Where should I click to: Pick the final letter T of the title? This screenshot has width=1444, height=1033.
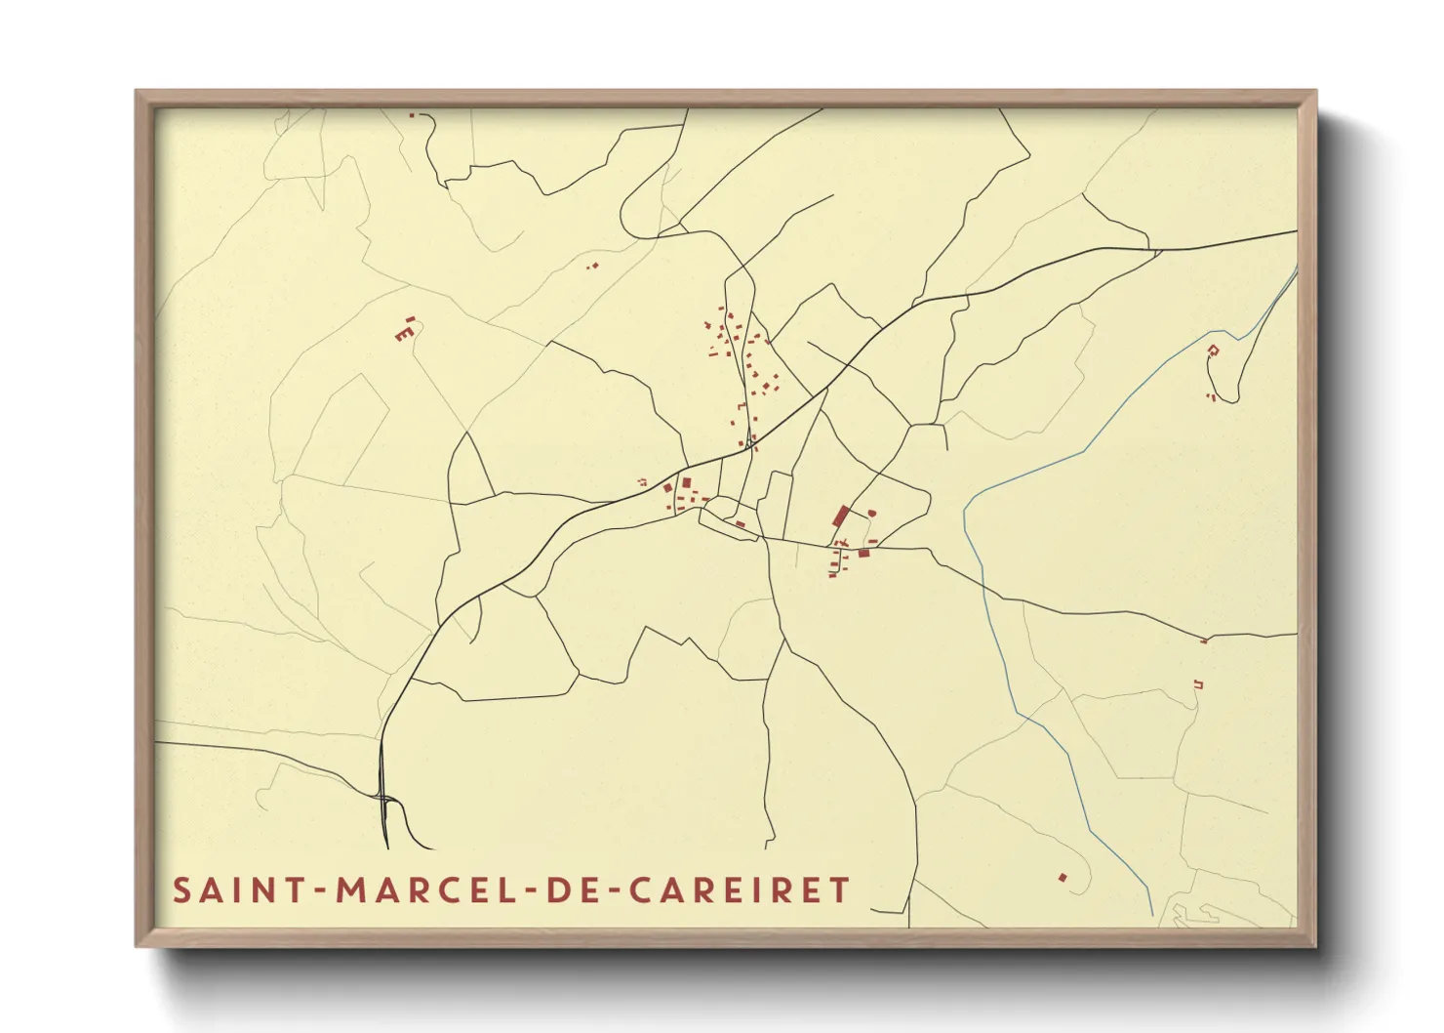[839, 890]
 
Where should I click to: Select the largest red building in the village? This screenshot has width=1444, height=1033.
[840, 516]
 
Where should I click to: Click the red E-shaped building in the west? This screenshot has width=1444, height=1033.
[401, 334]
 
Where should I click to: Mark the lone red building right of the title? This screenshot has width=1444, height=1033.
[1063, 877]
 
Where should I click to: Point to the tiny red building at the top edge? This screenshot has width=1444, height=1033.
[412, 115]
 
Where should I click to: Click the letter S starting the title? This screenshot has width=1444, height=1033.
[181, 890]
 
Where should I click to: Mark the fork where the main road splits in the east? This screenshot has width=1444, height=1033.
[1157, 251]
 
